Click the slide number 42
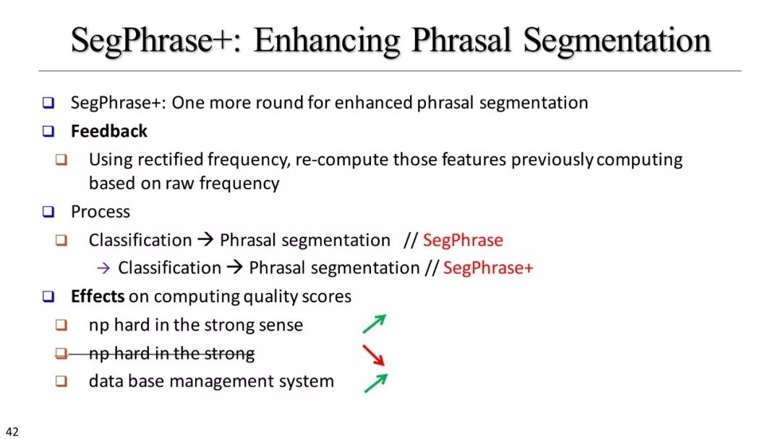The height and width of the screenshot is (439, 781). point(12,432)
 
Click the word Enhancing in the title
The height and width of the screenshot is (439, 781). point(327,40)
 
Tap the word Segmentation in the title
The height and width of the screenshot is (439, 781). point(617,40)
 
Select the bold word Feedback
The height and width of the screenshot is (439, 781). point(109,131)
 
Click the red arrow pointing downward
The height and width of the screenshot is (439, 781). point(373,355)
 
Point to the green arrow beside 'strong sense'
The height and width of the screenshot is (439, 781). point(375,324)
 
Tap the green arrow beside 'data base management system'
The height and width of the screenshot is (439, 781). point(375,383)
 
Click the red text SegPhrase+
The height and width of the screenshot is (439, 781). point(488,268)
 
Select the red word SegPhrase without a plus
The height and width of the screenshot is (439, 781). point(464,240)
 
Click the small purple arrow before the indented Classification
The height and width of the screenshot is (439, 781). point(103,268)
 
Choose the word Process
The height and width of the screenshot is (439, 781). point(100,212)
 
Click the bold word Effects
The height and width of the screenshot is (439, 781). point(98,296)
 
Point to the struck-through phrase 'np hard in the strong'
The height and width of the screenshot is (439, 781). point(172,353)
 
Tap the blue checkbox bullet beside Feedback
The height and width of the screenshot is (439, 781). point(48,131)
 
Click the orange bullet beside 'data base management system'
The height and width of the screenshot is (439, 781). point(61,381)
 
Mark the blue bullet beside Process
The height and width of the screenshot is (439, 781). point(48,212)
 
